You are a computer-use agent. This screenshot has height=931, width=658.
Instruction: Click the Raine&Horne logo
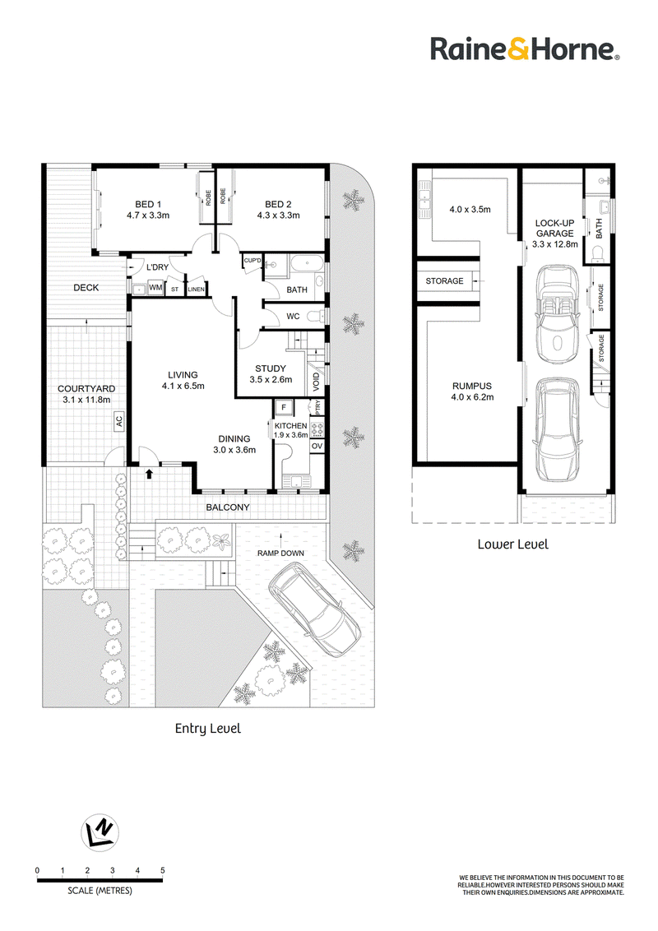525,49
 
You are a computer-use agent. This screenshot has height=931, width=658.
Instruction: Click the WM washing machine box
155,287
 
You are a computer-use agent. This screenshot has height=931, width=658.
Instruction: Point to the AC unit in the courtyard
118,421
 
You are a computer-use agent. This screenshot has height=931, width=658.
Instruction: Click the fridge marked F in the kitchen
284,407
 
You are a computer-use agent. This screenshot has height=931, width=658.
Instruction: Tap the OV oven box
317,446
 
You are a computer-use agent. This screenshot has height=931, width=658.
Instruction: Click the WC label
293,317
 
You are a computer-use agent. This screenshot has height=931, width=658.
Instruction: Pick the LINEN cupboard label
196,289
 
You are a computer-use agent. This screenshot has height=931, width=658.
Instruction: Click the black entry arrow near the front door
149,474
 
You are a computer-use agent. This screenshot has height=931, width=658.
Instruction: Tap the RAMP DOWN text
281,554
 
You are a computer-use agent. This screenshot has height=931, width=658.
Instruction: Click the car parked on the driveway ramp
315,609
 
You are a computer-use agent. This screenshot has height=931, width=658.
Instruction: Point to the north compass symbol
100,831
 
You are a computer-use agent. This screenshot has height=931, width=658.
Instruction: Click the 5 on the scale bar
163,870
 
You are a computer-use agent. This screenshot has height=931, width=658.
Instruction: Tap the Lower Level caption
513,544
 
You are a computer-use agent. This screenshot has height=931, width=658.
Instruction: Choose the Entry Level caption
208,729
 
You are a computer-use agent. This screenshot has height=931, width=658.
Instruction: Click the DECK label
86,287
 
